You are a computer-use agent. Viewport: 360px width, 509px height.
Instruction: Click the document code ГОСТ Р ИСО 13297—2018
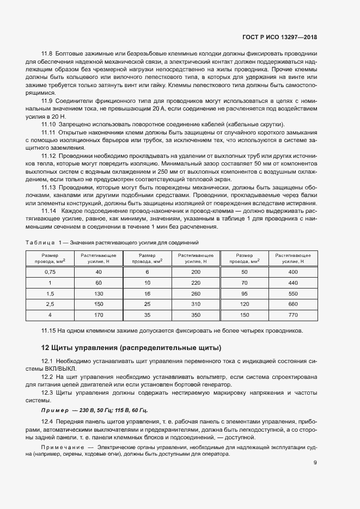279,38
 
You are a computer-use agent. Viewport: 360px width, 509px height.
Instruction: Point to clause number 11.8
47,53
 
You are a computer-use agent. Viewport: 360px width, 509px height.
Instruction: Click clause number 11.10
49,124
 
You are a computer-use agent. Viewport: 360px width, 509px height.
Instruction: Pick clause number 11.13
49,188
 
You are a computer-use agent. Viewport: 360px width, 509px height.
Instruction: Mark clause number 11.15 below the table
49,330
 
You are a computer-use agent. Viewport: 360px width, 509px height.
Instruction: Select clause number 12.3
47,392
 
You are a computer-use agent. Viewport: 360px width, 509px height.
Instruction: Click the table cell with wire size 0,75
50,271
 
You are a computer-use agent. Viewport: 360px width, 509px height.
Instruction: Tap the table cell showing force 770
293,315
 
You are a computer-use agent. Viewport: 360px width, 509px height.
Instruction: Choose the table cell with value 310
197,304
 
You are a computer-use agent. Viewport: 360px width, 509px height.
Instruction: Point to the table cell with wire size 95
244,293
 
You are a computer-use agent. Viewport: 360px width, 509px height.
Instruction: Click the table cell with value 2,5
50,304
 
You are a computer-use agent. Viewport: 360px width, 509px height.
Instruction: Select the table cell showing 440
293,282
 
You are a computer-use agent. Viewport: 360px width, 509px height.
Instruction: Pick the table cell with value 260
197,293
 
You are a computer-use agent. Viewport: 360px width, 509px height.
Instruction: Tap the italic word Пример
55,410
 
